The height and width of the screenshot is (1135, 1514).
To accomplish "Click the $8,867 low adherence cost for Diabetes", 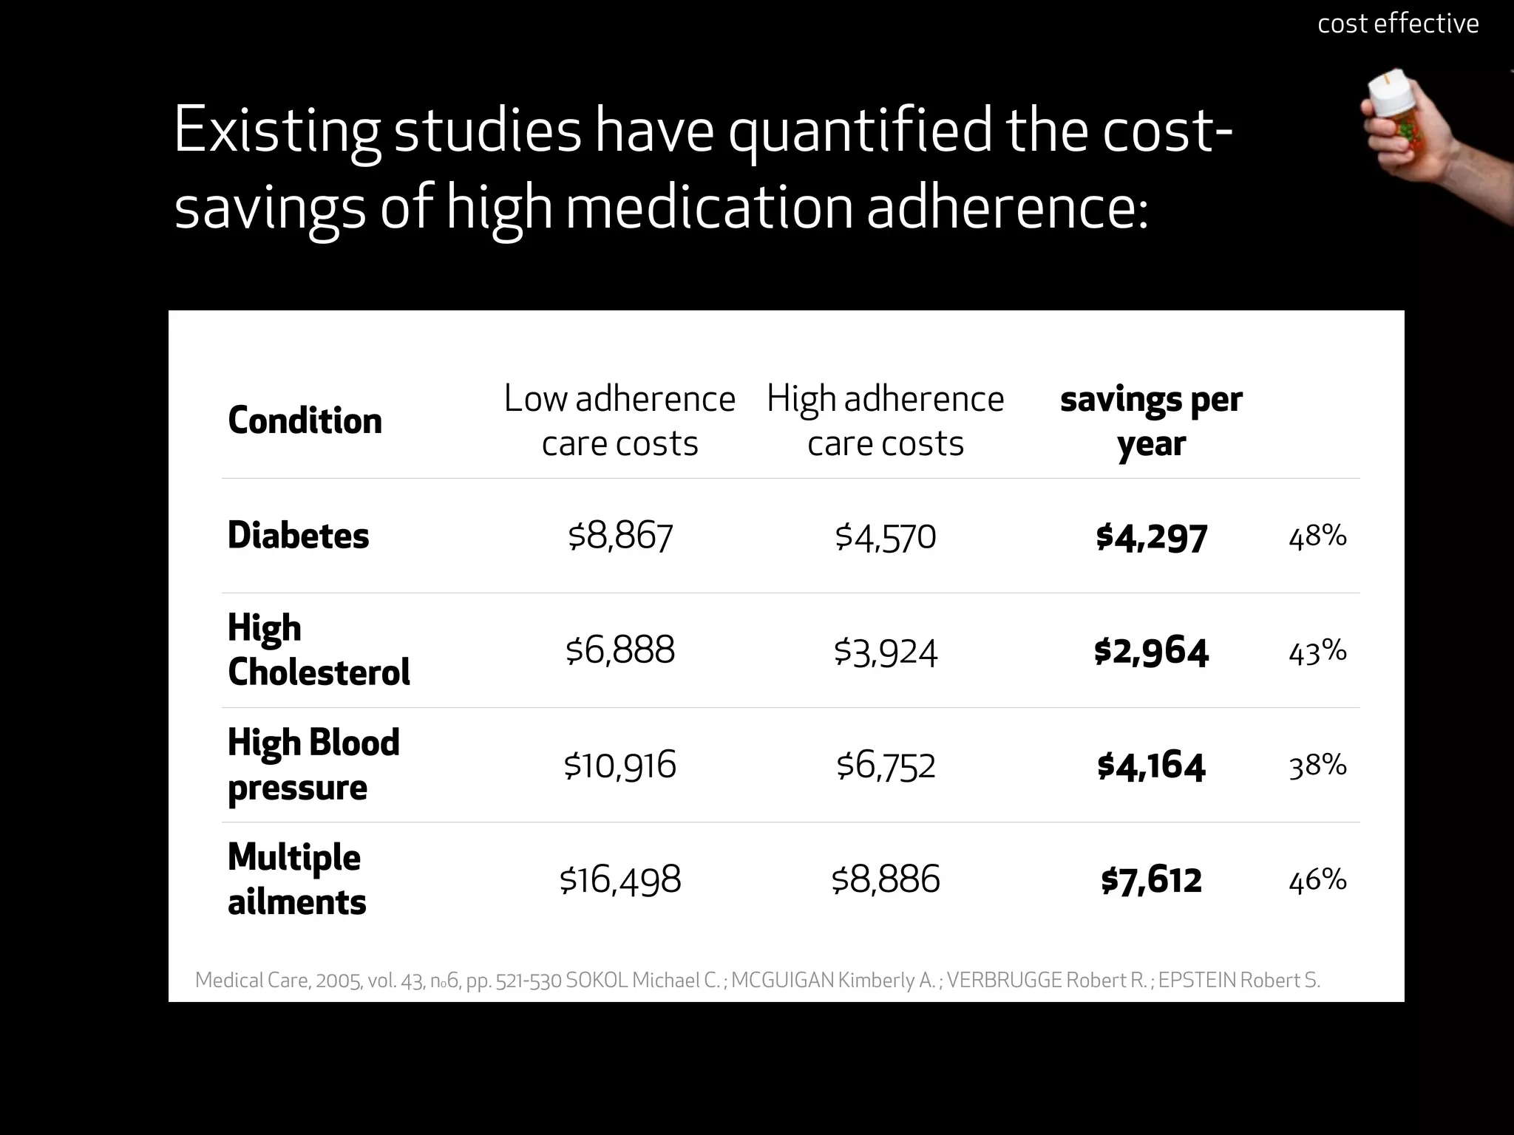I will pos(619,536).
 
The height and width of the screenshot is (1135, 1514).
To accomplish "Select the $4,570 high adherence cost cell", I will pos(885,536).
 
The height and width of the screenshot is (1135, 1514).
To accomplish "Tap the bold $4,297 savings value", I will pos(1151,536).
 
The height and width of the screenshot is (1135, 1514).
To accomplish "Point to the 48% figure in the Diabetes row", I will pos(1317,536).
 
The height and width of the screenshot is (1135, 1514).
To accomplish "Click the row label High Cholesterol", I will pos(318,650).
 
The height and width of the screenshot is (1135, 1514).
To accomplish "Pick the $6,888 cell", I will pos(619,650).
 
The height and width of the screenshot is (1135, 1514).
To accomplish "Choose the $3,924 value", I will pos(885,651).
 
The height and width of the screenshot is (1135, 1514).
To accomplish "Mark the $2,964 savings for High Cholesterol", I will pos(1151,651).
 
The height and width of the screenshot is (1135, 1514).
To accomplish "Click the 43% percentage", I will pos(1317,651).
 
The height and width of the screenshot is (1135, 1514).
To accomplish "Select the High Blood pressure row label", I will pos(313,765).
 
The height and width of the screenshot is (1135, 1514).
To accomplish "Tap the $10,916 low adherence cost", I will pos(619,765).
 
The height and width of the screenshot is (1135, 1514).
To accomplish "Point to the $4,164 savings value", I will pos(1151,766).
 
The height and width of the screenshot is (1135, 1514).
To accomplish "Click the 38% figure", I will pos(1317,766).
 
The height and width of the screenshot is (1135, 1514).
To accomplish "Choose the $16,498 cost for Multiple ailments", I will pos(619,879).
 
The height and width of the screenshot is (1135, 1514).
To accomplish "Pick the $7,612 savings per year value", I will pos(1151,880).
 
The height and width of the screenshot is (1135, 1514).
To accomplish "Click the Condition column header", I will pos(305,420).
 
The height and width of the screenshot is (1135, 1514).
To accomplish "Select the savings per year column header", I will pos(1151,421).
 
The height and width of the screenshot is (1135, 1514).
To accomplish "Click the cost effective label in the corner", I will pos(1397,24).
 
